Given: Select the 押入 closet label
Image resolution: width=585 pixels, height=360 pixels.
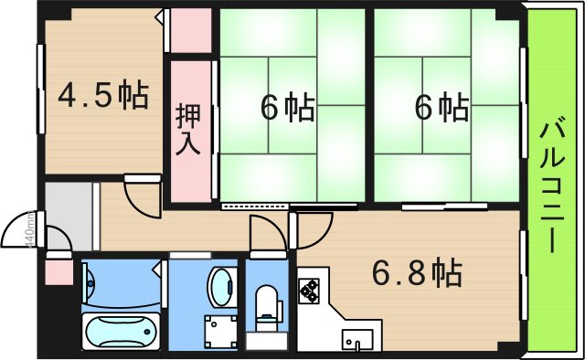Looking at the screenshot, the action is click(190, 128).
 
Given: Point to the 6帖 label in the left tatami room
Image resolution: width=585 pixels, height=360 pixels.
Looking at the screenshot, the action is click(287, 107).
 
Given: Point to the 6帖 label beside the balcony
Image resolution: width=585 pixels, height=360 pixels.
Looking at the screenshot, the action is click(442, 107).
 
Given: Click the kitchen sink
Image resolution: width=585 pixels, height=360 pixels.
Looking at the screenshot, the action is click(356, 340).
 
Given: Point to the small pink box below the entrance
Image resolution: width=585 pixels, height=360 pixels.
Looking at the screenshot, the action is click(58, 270).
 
